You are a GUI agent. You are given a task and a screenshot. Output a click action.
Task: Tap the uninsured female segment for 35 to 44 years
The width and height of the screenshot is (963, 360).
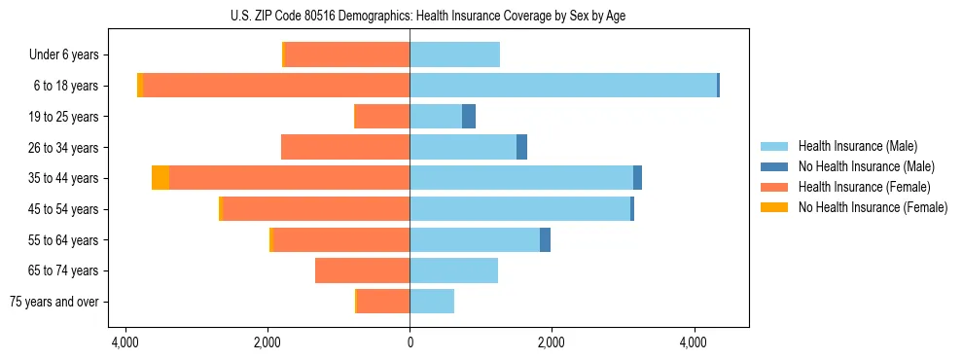[x=160, y=178]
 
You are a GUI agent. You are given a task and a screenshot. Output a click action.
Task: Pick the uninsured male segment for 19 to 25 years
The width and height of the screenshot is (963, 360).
[x=469, y=117]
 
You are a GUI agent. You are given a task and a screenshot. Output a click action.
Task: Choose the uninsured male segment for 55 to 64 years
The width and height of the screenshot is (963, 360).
[x=545, y=240]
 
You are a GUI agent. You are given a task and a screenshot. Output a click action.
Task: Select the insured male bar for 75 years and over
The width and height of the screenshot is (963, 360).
[x=432, y=302]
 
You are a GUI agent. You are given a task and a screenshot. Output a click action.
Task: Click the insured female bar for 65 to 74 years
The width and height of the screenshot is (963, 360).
[x=362, y=270]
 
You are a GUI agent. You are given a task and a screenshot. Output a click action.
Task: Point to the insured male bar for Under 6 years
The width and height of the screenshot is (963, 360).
[x=454, y=55]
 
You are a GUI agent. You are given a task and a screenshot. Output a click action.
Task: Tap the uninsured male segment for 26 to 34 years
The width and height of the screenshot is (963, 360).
[x=521, y=147]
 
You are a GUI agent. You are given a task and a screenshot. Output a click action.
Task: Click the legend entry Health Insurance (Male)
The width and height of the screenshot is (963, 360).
[x=857, y=146]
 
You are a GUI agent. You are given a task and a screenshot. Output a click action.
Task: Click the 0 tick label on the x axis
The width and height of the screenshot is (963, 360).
[x=410, y=342]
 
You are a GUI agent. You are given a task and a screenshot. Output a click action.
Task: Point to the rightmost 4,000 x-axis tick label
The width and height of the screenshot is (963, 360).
[x=694, y=342]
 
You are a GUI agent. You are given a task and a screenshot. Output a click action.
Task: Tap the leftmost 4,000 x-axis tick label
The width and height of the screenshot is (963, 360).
[x=125, y=342]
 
